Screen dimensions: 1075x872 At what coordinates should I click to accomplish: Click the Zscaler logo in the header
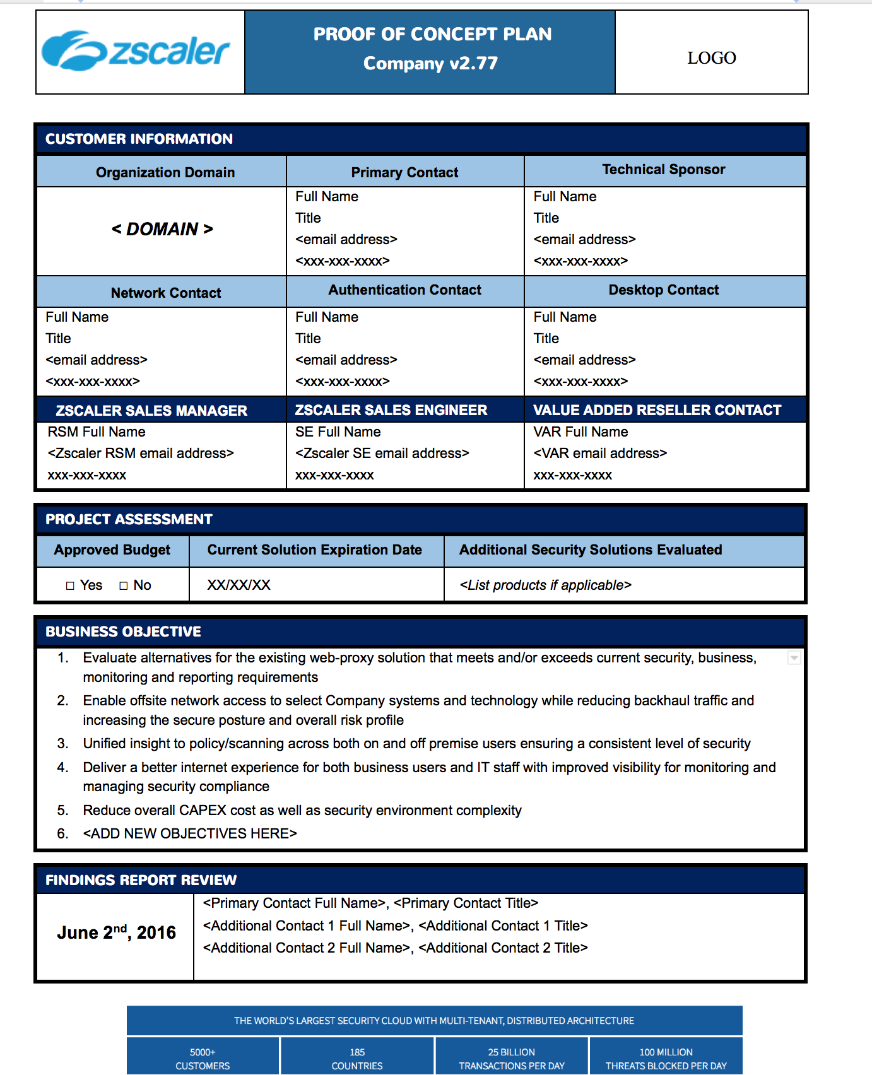pos(136,51)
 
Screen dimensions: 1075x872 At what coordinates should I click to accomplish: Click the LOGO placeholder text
pos(711,58)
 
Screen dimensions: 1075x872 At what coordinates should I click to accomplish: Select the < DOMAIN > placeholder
pos(162,229)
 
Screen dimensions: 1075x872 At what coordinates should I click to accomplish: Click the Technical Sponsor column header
pos(664,170)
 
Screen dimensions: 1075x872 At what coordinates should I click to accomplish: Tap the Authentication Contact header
pos(404,290)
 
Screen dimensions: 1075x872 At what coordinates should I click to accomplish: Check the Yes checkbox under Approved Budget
pos(70,586)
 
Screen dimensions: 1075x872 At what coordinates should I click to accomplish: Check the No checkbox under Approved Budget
pos(124,586)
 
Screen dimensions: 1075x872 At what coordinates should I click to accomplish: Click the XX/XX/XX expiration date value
pos(239,585)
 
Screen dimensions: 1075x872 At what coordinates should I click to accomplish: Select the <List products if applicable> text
pos(545,585)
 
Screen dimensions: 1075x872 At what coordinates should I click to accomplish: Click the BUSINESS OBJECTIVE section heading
pos(123,632)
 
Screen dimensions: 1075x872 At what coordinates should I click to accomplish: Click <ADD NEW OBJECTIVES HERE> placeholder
pos(189,834)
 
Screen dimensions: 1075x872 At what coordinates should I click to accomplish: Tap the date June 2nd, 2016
pos(116,933)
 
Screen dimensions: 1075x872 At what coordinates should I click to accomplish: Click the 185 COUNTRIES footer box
pos(357,1059)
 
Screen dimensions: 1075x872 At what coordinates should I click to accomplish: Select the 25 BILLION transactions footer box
pos(511,1059)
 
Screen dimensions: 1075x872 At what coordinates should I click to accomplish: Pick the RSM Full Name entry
pos(97,432)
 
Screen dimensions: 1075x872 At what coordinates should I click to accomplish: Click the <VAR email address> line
pos(600,454)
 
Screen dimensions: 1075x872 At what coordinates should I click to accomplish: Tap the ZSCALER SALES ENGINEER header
pos(391,411)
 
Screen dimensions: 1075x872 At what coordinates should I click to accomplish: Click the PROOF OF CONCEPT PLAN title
pos(432,34)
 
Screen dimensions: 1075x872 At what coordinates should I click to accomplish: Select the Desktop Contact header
pos(664,290)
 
